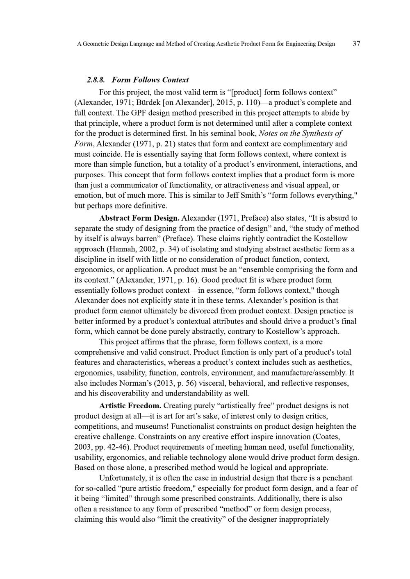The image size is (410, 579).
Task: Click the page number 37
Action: pyautogui.click(x=356, y=43)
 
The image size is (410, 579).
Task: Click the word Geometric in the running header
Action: pyautogui.click(x=102, y=44)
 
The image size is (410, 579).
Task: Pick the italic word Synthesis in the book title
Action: pyautogui.click(x=317, y=133)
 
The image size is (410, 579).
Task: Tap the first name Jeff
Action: pyautogui.click(x=233, y=195)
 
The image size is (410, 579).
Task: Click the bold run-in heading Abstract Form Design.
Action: pyautogui.click(x=139, y=218)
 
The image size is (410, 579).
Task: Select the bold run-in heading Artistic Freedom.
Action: pyautogui.click(x=130, y=406)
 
